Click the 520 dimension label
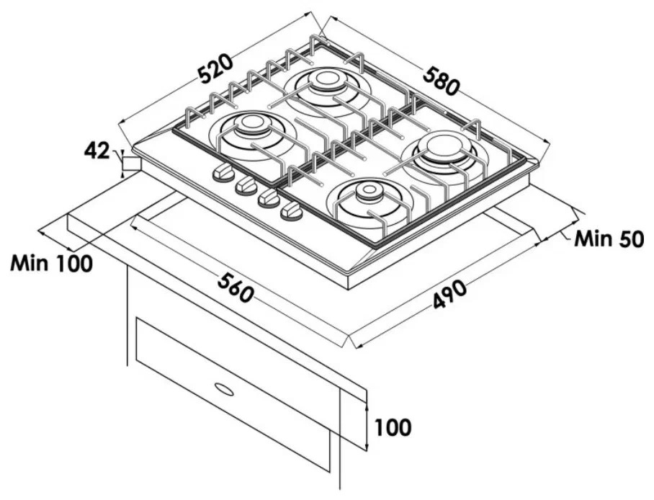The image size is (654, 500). click(x=215, y=69)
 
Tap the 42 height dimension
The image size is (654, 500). click(x=97, y=151)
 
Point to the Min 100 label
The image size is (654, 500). click(x=51, y=264)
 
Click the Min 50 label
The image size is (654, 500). click(x=609, y=238)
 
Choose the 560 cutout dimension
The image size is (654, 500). click(x=236, y=287)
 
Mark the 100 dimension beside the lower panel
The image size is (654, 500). click(x=393, y=427)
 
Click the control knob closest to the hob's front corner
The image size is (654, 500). click(x=292, y=213)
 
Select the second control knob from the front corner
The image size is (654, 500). click(x=269, y=199)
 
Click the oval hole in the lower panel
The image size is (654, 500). click(x=223, y=388)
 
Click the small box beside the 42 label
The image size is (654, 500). click(x=131, y=164)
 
